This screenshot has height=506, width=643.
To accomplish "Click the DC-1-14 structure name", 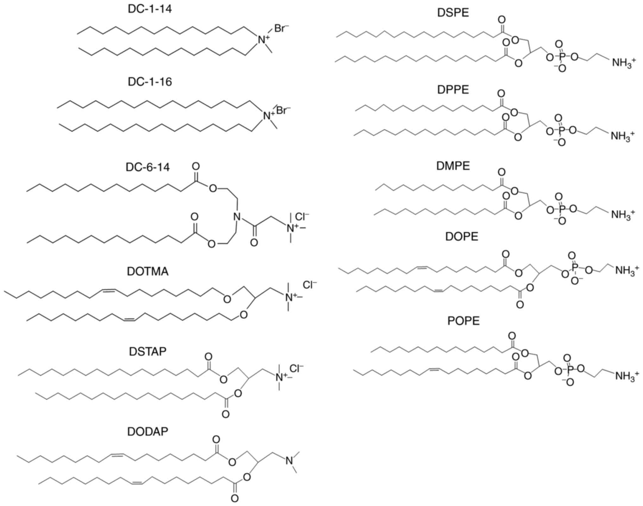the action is click(x=150, y=9).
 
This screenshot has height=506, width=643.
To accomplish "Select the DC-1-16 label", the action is click(x=150, y=82).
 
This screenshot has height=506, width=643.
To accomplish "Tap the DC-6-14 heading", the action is click(x=147, y=167).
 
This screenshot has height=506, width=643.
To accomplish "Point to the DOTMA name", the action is click(x=147, y=271).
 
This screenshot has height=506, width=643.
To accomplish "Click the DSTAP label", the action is click(x=147, y=351).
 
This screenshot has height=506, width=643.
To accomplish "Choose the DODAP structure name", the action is click(x=147, y=432).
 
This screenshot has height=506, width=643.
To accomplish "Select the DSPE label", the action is click(x=453, y=13).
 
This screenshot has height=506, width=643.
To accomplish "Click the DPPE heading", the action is click(x=453, y=90).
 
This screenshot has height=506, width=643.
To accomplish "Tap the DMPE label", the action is click(x=453, y=166).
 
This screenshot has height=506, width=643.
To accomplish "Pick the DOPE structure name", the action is click(x=462, y=236).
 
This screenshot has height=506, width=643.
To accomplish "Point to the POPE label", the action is click(x=463, y=321).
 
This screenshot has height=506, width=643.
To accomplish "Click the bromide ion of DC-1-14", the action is click(x=281, y=29).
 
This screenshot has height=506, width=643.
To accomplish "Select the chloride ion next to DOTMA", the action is click(x=309, y=285).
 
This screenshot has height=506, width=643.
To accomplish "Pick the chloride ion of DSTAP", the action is click(x=296, y=368).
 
